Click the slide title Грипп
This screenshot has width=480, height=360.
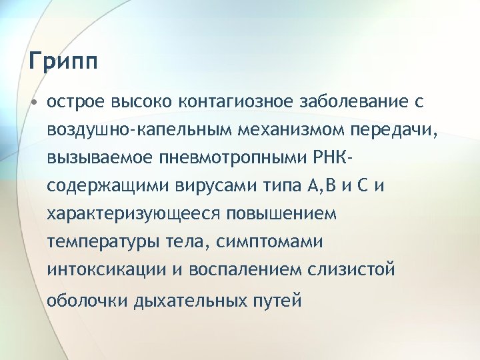coord(64,62)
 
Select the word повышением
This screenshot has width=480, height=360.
coord(282,214)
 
